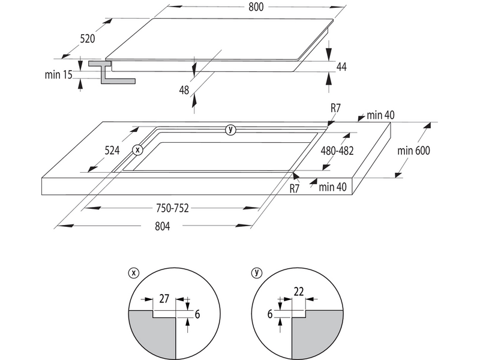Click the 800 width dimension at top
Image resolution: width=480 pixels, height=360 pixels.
(x=256, y=7)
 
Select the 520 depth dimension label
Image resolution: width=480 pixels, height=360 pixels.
(x=88, y=39)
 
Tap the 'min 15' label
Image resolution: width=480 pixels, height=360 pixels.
(x=58, y=74)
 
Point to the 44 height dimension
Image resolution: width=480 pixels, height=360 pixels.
(x=341, y=67)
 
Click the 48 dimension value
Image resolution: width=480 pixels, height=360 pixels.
(x=184, y=90)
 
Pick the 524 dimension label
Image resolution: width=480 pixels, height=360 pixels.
(x=112, y=151)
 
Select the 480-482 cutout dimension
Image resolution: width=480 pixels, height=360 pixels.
(x=337, y=151)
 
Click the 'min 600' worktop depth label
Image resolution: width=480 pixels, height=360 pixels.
(x=413, y=151)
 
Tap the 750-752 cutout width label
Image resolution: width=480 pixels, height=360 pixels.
(x=172, y=208)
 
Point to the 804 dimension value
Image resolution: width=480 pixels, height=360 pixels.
(x=162, y=226)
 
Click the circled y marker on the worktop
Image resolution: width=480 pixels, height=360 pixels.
(x=230, y=130)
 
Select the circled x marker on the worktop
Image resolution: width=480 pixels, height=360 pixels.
(x=138, y=150)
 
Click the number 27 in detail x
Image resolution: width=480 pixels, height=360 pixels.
(x=164, y=298)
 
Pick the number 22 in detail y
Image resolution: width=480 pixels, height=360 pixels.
(x=298, y=292)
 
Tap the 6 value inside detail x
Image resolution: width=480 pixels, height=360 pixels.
(x=197, y=314)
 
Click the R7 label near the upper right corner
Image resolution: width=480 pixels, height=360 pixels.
(x=335, y=108)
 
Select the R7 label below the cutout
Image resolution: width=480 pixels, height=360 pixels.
(x=294, y=188)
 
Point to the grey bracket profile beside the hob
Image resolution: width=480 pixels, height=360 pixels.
(x=112, y=72)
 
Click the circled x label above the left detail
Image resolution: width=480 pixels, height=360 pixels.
(x=133, y=273)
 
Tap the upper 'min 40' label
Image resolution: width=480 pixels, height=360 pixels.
(x=380, y=115)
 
